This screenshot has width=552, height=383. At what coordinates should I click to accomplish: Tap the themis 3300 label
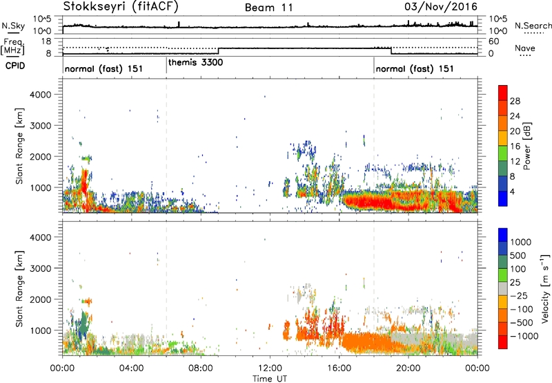(196, 62)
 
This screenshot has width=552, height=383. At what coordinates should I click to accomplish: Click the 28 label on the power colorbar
(515, 100)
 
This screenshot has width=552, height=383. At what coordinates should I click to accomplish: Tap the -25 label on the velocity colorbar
(516, 295)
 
